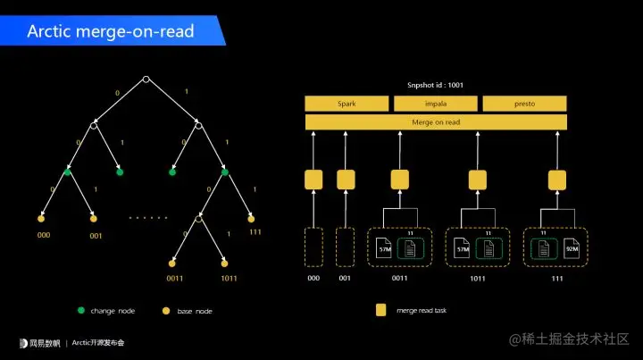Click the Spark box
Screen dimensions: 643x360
click(x=347, y=104)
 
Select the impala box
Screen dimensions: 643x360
click(x=436, y=104)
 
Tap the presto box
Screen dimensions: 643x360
click(x=524, y=104)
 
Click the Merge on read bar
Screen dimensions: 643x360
click(x=436, y=122)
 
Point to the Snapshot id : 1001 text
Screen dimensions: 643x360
click(x=436, y=86)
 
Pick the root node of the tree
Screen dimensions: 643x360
click(x=146, y=80)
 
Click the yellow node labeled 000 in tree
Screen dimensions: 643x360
click(x=41, y=218)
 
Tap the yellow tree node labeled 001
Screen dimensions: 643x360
click(x=94, y=218)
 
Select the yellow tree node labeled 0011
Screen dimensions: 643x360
click(x=171, y=264)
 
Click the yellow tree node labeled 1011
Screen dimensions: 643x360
click(x=224, y=264)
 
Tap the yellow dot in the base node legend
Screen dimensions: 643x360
click(x=164, y=310)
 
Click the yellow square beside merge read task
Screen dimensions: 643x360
click(x=381, y=310)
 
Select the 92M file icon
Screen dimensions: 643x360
click(x=572, y=247)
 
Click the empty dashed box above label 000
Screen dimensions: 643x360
click(x=313, y=247)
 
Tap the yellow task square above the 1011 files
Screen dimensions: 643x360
click(x=477, y=180)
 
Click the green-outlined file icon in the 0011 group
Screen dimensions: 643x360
click(x=411, y=247)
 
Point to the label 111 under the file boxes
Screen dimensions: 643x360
click(x=558, y=278)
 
